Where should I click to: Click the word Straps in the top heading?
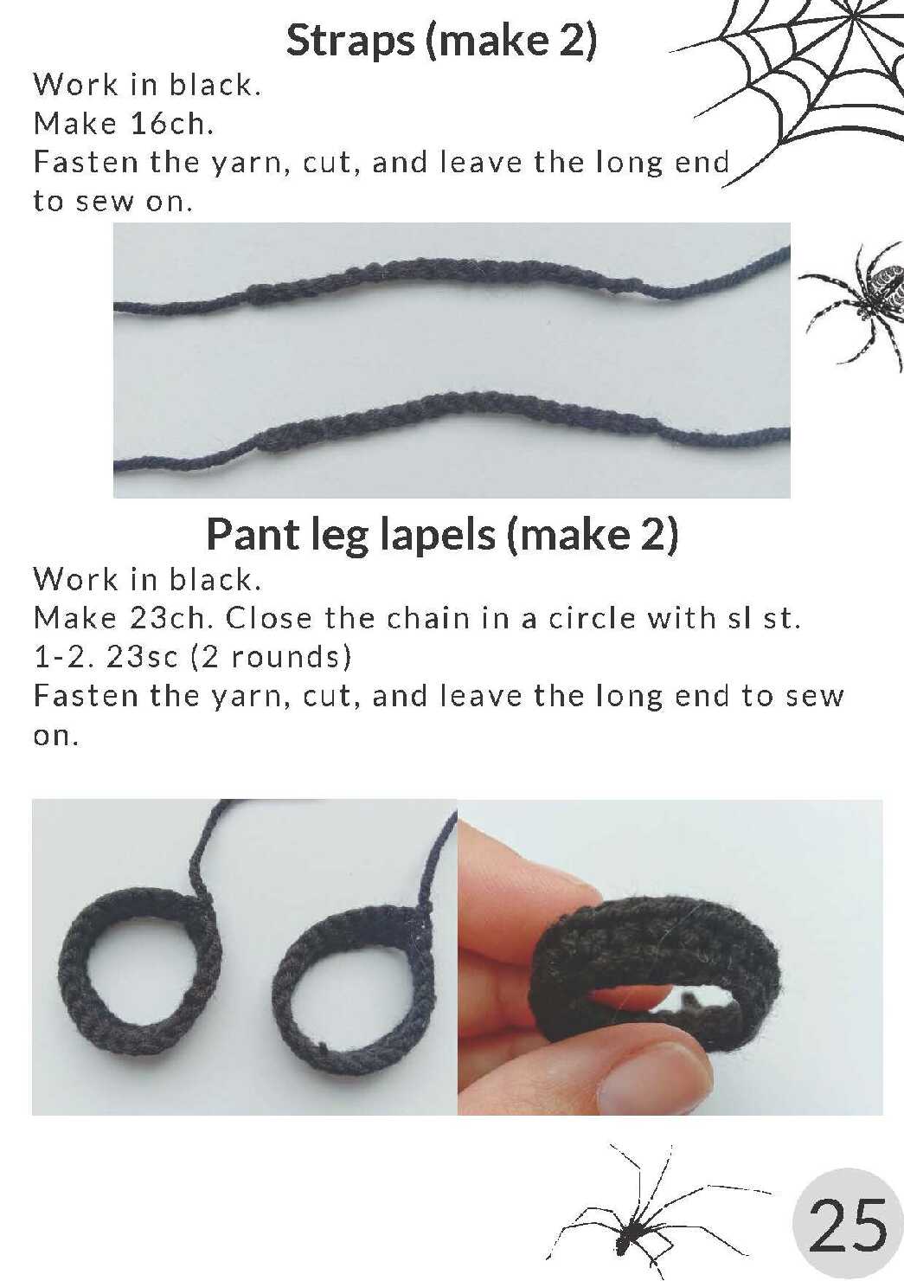click(x=349, y=42)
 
